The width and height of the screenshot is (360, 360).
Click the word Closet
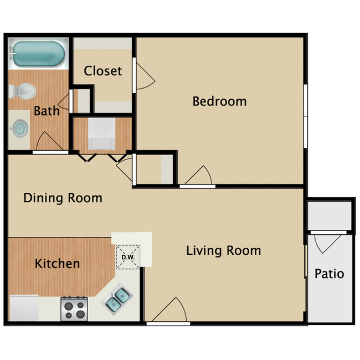click(x=102, y=71)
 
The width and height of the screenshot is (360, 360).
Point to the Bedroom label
click(x=219, y=101)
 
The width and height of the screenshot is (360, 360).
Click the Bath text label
click(x=47, y=111)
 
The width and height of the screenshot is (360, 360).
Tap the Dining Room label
click(x=63, y=198)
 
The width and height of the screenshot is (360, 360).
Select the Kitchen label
click(x=57, y=264)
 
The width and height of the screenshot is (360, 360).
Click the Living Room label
click(x=223, y=250)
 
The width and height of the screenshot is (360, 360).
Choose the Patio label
click(x=329, y=274)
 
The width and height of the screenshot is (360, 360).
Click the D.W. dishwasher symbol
click(x=127, y=258)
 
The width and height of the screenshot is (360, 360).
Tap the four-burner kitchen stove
click(x=74, y=308)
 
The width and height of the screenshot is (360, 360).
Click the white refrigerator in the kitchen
click(x=24, y=308)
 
